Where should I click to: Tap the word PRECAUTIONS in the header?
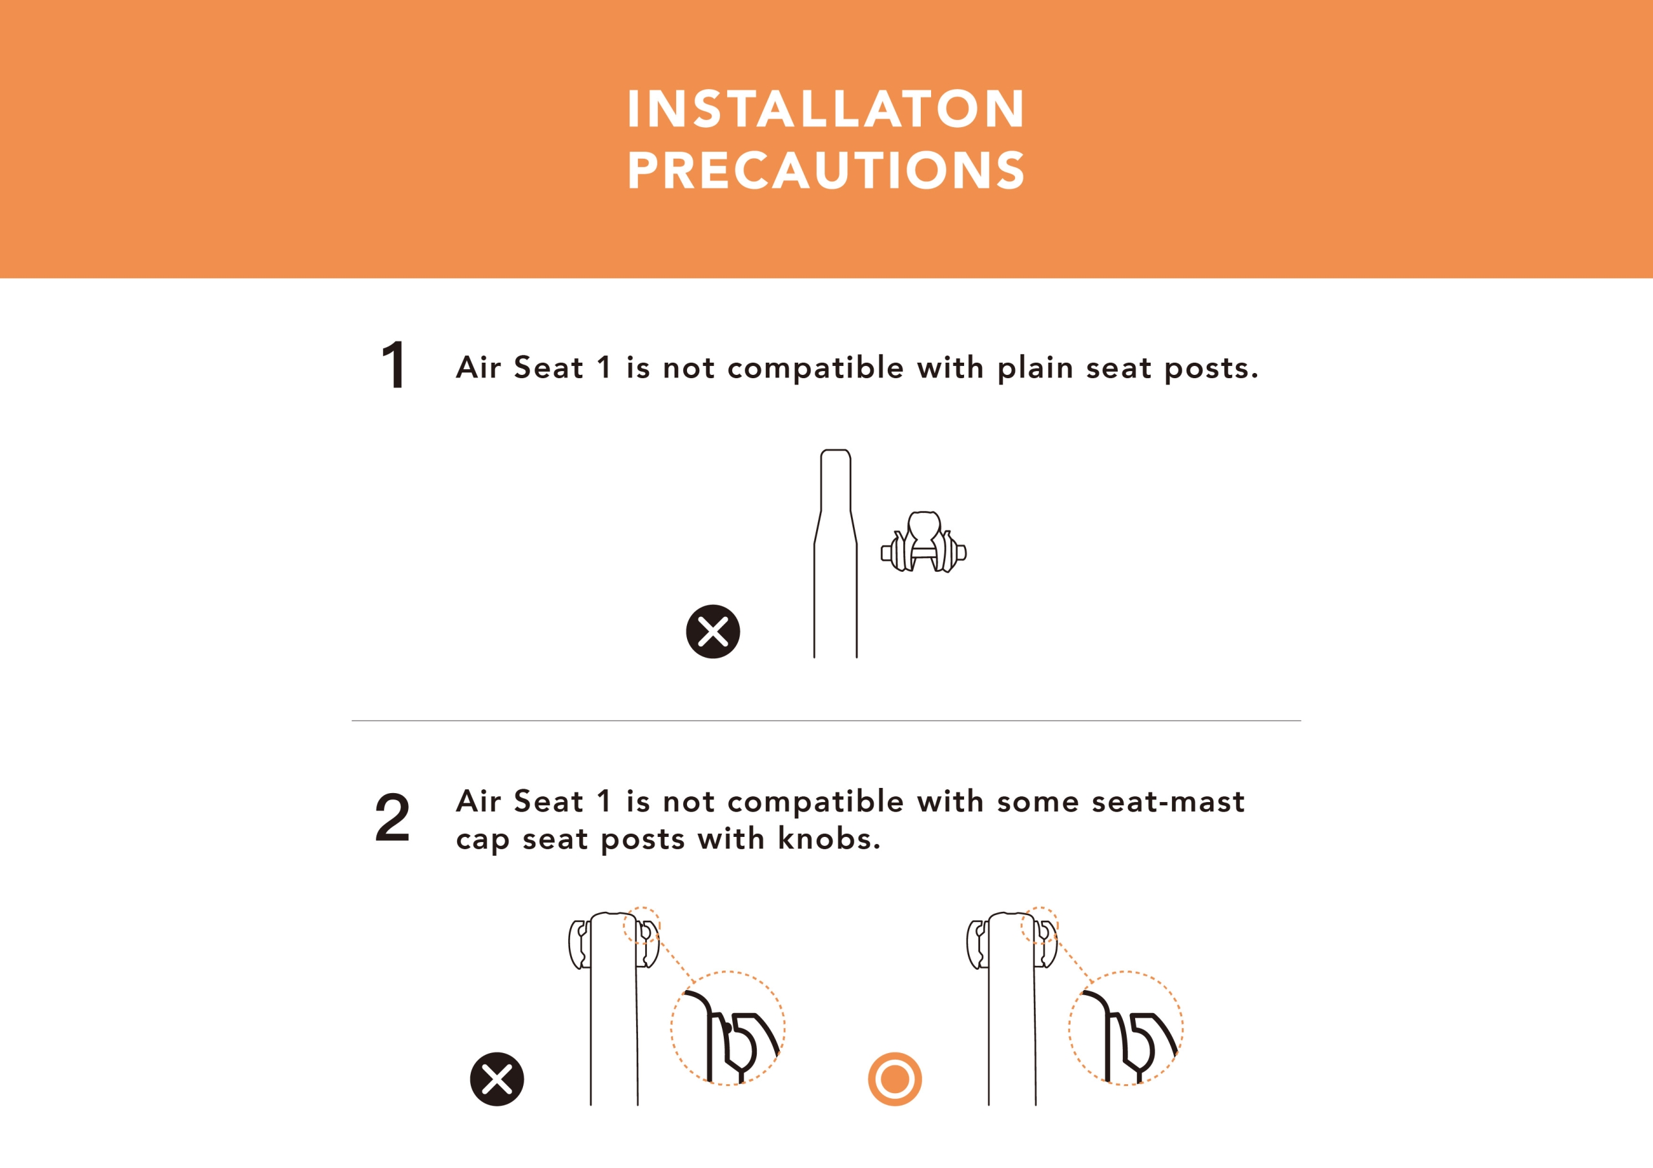click(826, 170)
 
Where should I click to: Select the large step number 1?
click(394, 365)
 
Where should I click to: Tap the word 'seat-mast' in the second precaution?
click(1168, 801)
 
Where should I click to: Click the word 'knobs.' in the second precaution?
click(829, 838)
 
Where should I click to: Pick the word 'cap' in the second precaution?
click(482, 841)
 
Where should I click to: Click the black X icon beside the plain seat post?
click(713, 632)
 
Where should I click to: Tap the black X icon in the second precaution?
click(497, 1080)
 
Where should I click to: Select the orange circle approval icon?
click(895, 1080)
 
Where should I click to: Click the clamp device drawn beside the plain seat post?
click(924, 543)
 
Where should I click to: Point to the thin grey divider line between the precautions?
click(826, 720)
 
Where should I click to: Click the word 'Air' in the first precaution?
click(478, 367)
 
